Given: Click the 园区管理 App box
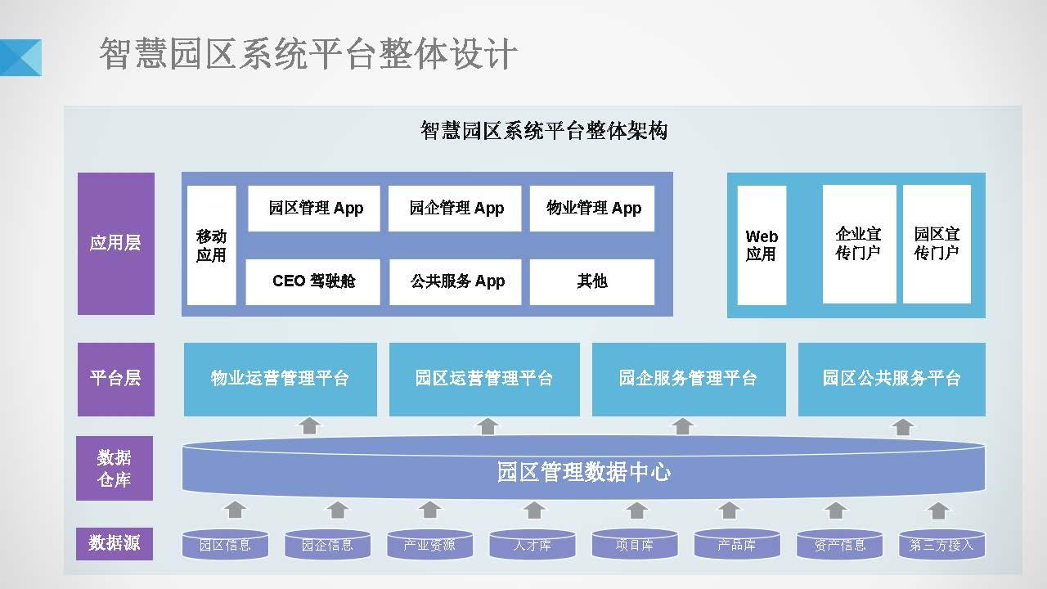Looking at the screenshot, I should click(315, 209).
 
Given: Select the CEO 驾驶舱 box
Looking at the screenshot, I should click(313, 281).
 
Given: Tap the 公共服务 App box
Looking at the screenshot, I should click(456, 281).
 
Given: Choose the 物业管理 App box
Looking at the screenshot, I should click(592, 209).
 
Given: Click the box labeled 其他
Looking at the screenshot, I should click(592, 281).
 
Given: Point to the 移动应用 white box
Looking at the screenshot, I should click(211, 245).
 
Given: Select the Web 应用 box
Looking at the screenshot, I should click(762, 245).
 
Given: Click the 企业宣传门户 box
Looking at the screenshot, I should click(859, 244).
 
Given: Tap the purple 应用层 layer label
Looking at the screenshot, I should click(115, 243).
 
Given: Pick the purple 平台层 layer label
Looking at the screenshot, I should click(115, 379).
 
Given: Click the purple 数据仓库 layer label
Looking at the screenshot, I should click(115, 468).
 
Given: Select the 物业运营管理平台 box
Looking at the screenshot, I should click(281, 379).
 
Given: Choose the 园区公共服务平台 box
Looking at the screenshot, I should click(892, 379).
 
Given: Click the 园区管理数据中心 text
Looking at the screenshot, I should click(583, 473).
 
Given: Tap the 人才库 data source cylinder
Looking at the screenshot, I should click(532, 545).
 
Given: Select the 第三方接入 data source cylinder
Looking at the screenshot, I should click(941, 545).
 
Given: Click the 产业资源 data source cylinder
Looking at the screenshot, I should click(429, 545).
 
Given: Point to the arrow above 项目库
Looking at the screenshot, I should click(636, 510).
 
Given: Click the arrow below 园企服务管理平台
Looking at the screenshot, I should click(682, 426).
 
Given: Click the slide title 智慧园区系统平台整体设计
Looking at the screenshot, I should click(308, 55).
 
